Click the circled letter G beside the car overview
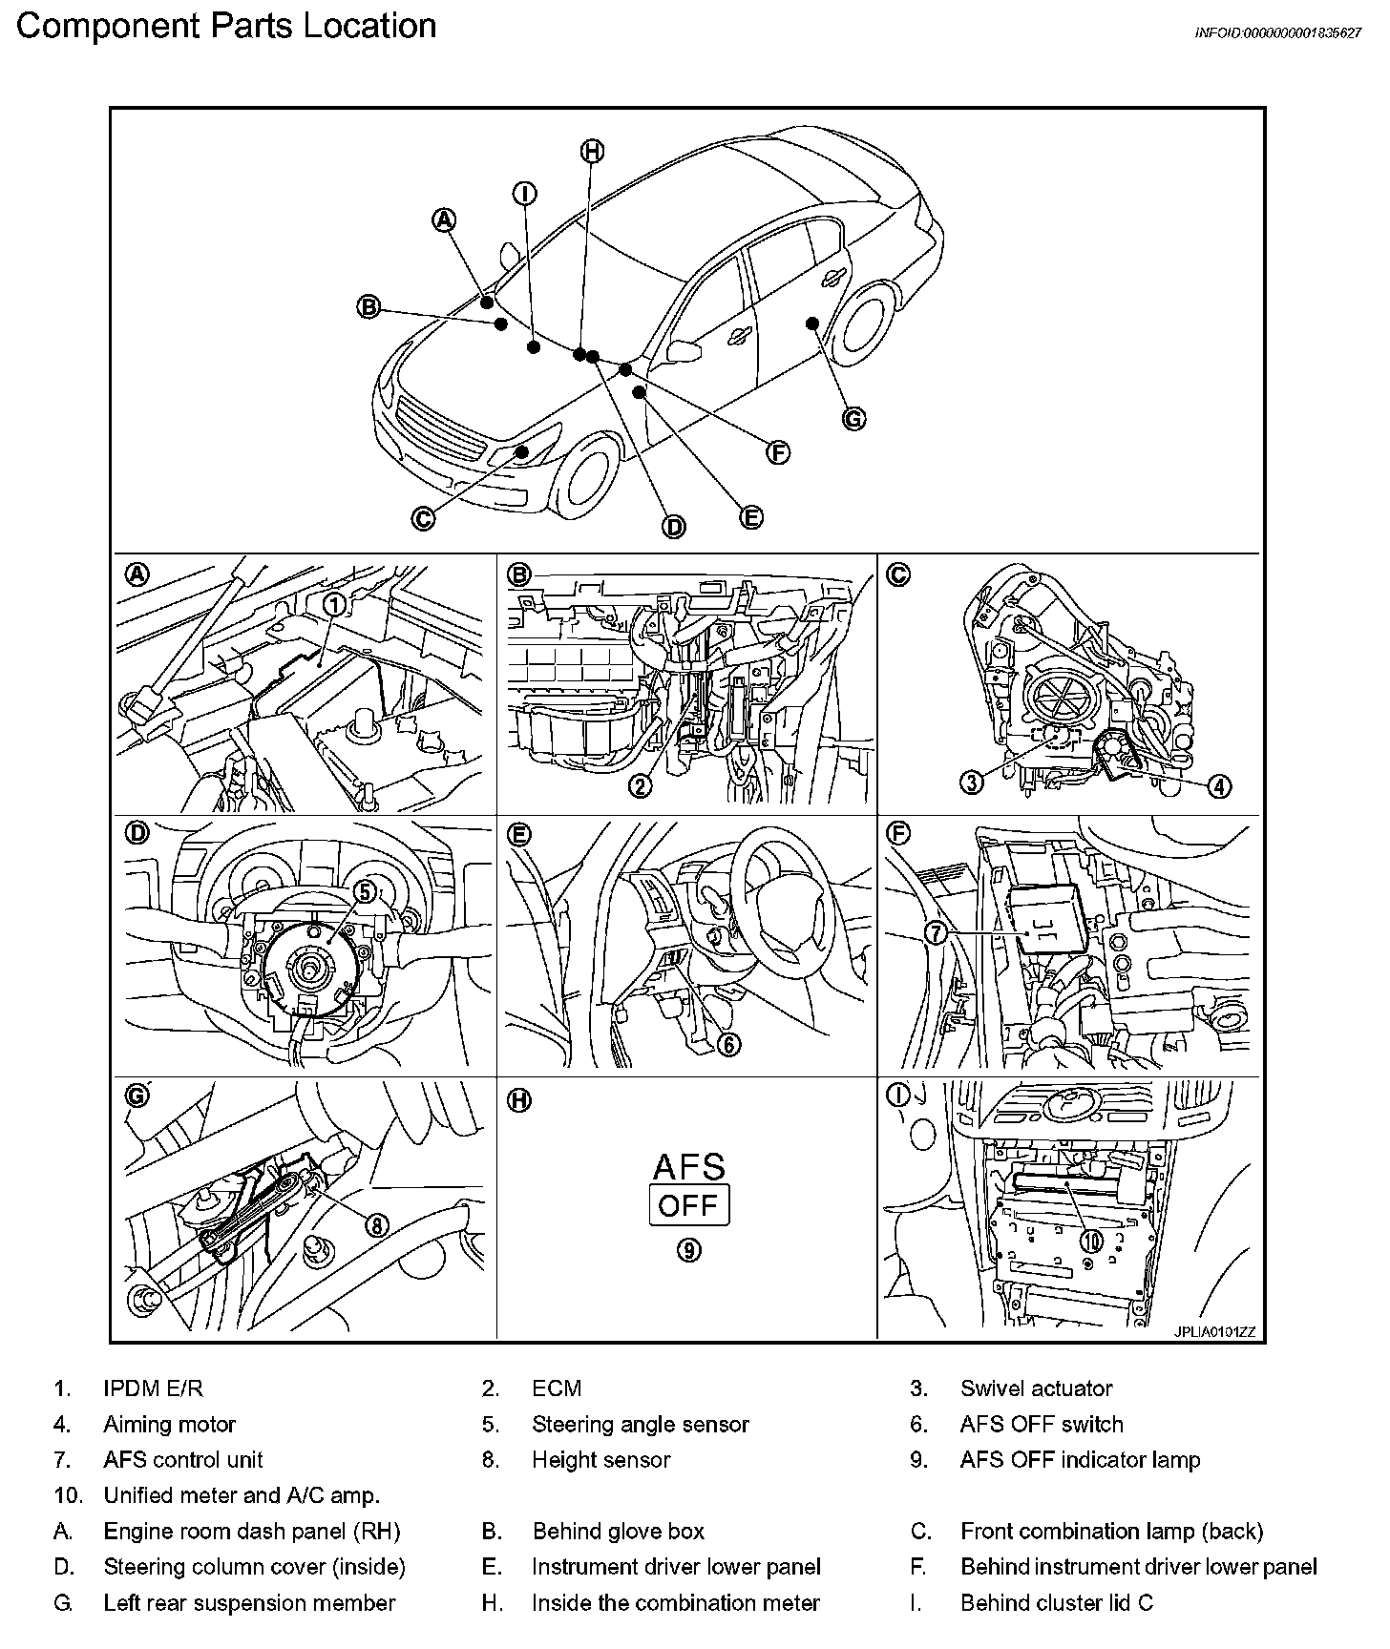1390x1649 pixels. pyautogui.click(x=854, y=418)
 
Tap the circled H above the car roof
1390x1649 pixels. pyautogui.click(x=592, y=151)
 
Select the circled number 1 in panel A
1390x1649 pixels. pyautogui.click(x=334, y=604)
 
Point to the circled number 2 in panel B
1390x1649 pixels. pyautogui.click(x=640, y=785)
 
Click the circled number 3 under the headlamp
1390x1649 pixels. pyautogui.click(x=971, y=783)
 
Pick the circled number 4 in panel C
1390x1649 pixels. pyautogui.click(x=1219, y=785)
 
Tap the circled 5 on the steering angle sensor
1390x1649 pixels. pyautogui.click(x=365, y=891)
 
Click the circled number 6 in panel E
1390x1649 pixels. pyautogui.click(x=727, y=1044)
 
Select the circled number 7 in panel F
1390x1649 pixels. pyautogui.click(x=937, y=932)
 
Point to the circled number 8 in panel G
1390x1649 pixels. pyautogui.click(x=377, y=1224)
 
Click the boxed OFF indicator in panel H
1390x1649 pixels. pyautogui.click(x=688, y=1204)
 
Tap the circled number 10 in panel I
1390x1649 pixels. pyautogui.click(x=1091, y=1241)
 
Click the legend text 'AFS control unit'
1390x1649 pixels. pyautogui.click(x=182, y=1460)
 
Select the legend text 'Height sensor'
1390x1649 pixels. pyautogui.click(x=600, y=1460)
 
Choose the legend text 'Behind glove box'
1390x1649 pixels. pyautogui.click(x=618, y=1532)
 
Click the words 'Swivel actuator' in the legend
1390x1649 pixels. pyautogui.click(x=1036, y=1388)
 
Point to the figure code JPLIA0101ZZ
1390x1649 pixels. pyautogui.click(x=1214, y=1332)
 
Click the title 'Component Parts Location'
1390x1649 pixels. pyautogui.click(x=226, y=26)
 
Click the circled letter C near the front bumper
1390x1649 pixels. pyautogui.click(x=423, y=518)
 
